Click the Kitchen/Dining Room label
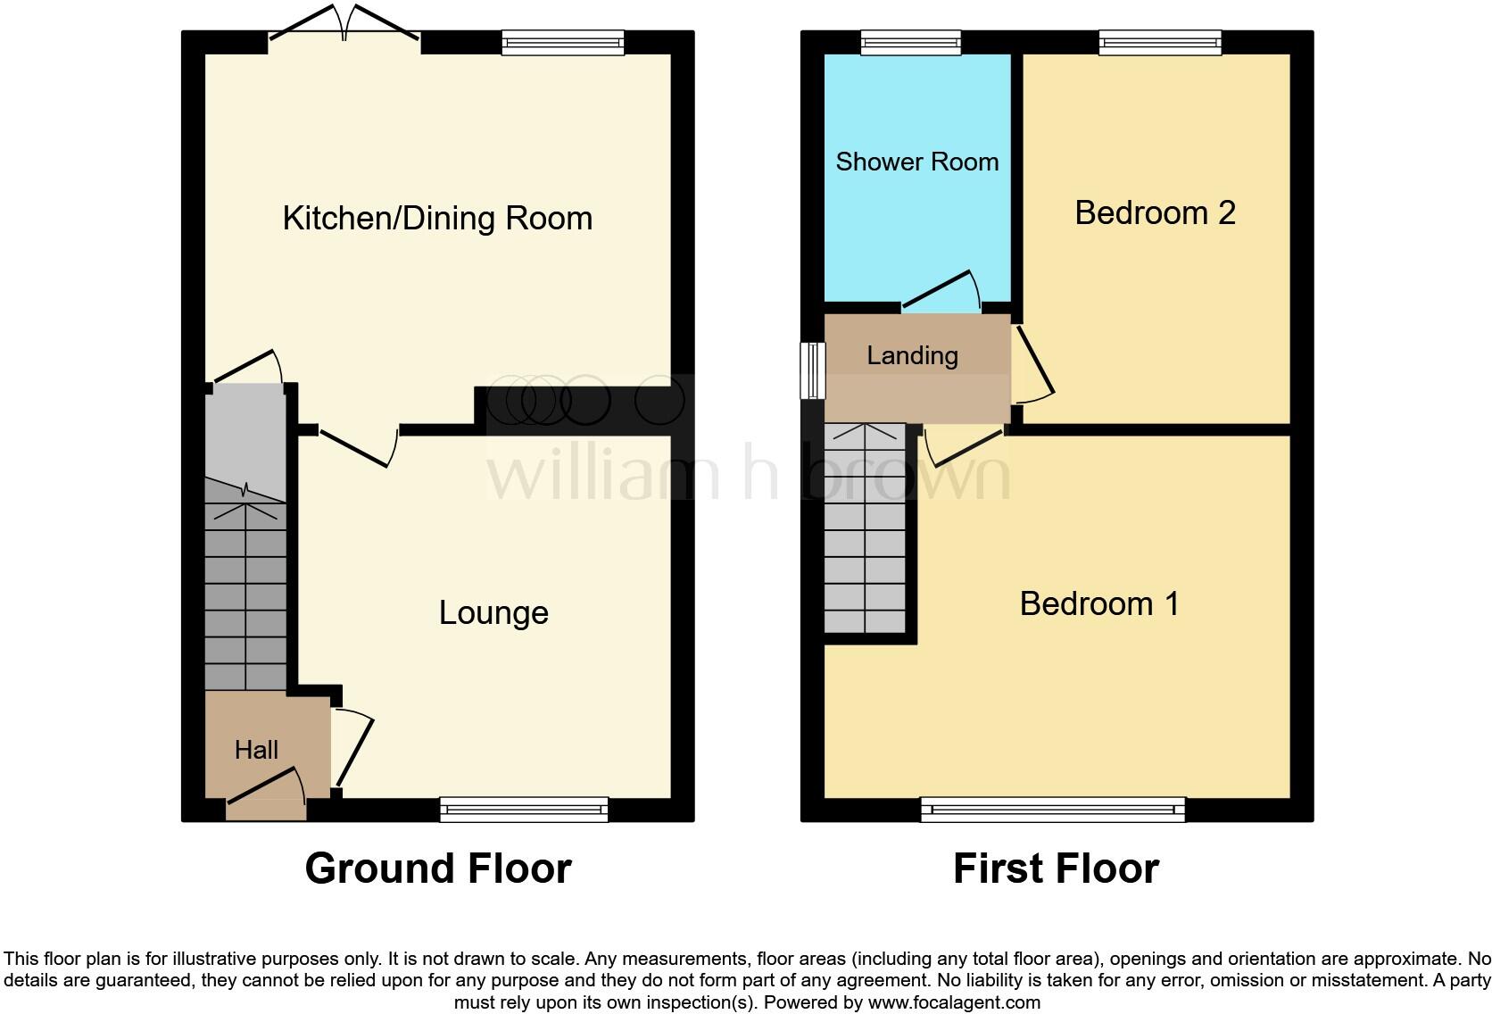click(x=437, y=219)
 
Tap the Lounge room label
click(x=493, y=613)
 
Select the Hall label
click(x=256, y=750)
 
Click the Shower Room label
click(x=916, y=162)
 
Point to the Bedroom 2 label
click(x=1155, y=213)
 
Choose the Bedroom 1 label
click(x=1098, y=604)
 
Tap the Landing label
click(x=912, y=355)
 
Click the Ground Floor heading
click(x=437, y=869)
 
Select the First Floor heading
click(x=1056, y=869)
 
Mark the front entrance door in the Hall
click(x=266, y=789)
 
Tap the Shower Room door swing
click(x=942, y=290)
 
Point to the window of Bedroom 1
click(x=1053, y=810)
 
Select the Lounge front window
click(x=524, y=810)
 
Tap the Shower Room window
click(x=911, y=42)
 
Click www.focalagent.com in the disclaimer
click(x=954, y=1002)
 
